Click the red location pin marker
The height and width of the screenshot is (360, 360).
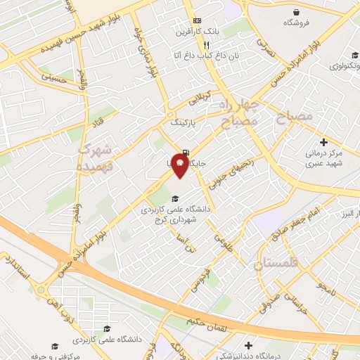coord(181,165)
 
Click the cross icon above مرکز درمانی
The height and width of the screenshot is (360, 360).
coord(323,141)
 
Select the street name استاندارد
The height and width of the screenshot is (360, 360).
coord(17,267)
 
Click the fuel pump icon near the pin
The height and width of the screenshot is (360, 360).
coord(184,152)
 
